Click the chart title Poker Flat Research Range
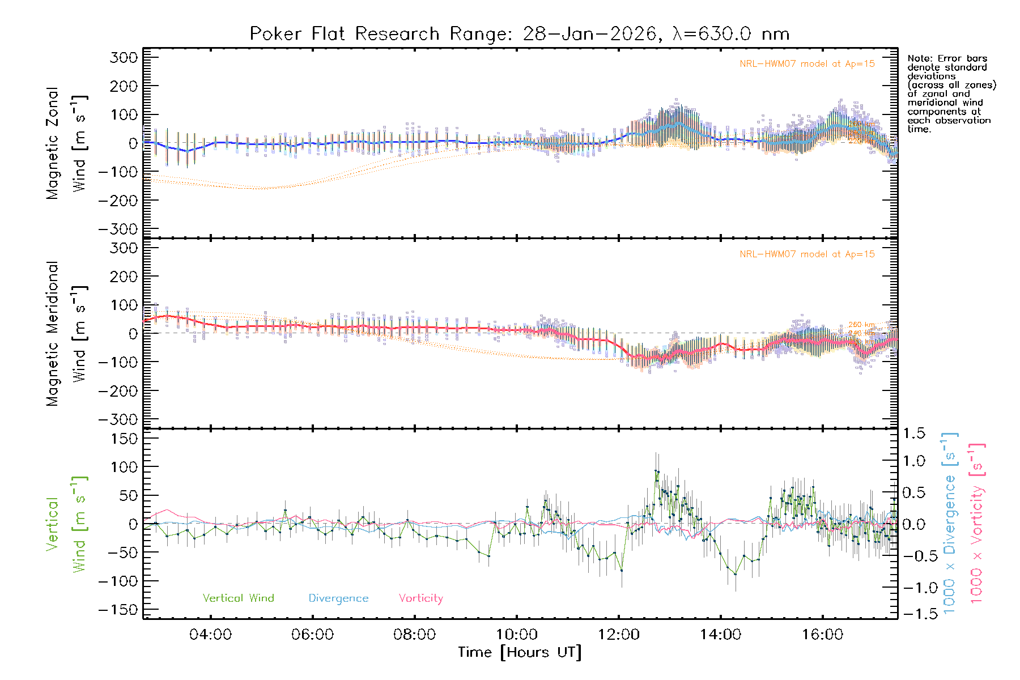(x=519, y=34)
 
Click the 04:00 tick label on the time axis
(x=210, y=635)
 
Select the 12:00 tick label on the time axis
(x=618, y=635)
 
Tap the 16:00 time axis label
(x=822, y=635)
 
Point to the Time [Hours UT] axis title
(x=519, y=652)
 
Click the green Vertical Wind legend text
(x=238, y=598)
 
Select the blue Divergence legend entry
(x=338, y=598)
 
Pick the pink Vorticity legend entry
(x=420, y=598)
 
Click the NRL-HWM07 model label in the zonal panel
(x=807, y=64)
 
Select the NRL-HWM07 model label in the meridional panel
(x=807, y=254)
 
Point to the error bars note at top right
(x=951, y=93)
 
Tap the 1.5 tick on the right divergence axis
(x=914, y=433)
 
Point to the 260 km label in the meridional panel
(x=861, y=325)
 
